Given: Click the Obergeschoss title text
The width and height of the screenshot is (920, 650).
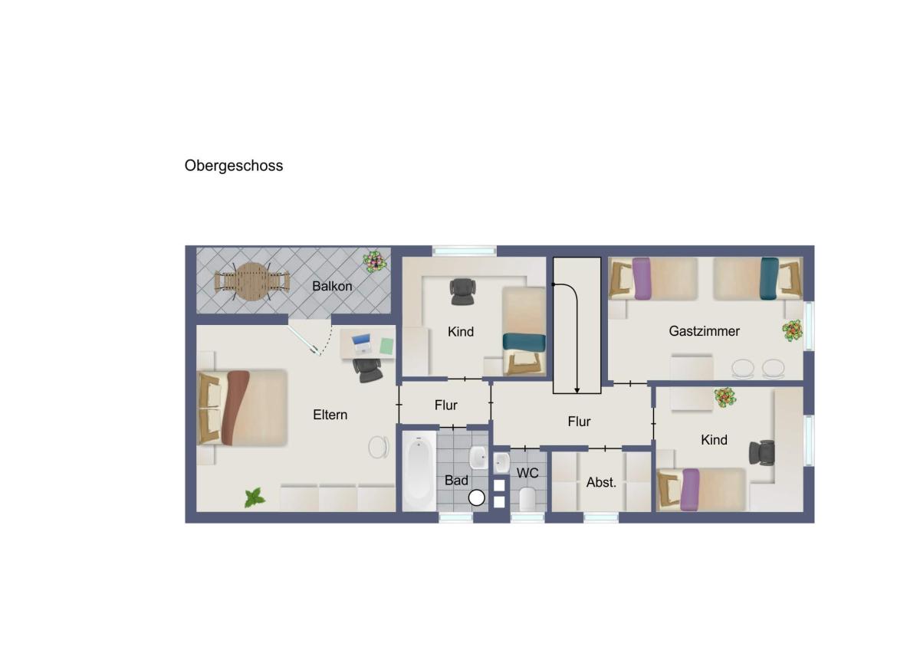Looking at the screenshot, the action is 234,166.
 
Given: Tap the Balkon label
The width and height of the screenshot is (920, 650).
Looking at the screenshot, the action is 332,286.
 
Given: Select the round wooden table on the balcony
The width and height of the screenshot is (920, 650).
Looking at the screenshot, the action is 252,281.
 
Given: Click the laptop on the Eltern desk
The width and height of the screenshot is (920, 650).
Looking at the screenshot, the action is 361,344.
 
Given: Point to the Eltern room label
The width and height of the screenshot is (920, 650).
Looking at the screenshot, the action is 330,415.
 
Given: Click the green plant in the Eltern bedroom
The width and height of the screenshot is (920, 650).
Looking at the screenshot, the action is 255,497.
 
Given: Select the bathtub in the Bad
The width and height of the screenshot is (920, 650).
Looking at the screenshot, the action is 419,471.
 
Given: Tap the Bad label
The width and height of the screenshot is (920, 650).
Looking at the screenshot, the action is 456,481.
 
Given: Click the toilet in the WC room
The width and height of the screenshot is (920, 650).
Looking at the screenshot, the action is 527,499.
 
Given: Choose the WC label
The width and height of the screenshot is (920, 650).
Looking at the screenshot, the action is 527,473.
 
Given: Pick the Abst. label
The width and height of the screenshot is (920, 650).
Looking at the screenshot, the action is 601,482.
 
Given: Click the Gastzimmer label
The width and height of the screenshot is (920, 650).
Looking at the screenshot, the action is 704,331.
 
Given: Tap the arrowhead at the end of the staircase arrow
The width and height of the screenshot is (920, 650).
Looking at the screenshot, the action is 577,390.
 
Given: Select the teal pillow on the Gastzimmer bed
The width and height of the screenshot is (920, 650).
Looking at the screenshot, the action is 769,278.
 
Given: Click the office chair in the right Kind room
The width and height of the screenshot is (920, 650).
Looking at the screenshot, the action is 762,453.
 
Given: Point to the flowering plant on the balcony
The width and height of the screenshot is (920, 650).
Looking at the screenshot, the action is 375,261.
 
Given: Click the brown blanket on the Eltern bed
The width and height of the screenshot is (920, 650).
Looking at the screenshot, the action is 237,408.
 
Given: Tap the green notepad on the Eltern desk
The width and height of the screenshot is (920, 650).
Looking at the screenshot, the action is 386,346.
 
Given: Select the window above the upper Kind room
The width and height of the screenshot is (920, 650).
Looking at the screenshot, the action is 464,250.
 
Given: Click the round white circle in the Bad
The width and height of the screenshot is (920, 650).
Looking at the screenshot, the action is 476,498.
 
